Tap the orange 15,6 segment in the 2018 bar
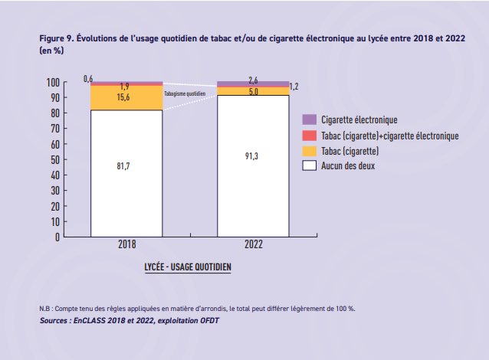click(x=126, y=98)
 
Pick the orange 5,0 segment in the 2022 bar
click(x=253, y=91)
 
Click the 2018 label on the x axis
click(x=126, y=246)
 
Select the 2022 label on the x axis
click(x=254, y=246)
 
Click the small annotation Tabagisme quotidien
click(x=185, y=92)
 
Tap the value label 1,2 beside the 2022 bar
click(x=294, y=87)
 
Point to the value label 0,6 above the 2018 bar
click(x=89, y=78)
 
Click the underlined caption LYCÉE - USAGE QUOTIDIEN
click(x=188, y=268)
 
